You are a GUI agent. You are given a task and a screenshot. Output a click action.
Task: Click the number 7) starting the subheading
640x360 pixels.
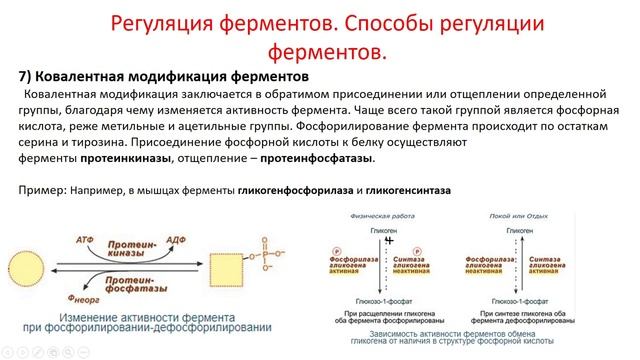point(28,76)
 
